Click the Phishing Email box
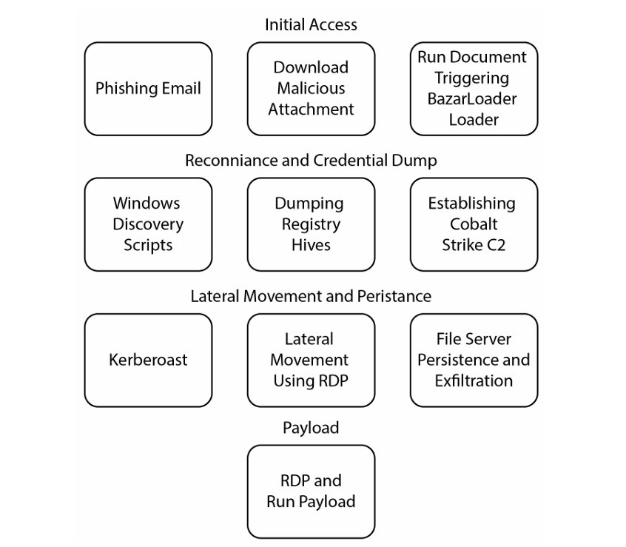click(148, 89)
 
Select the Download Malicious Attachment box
click(311, 89)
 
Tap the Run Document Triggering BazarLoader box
click(474, 89)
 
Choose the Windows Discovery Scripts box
click(148, 224)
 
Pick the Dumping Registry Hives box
click(311, 224)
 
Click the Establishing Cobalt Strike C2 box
click(474, 224)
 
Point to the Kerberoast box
click(148, 360)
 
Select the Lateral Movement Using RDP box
click(311, 360)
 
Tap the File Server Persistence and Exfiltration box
click(474, 360)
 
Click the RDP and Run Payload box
click(311, 491)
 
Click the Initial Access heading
click(311, 25)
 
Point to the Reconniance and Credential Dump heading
click(311, 161)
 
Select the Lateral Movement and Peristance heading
click(311, 297)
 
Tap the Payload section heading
click(311, 428)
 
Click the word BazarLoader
click(474, 98)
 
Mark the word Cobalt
click(474, 224)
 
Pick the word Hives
click(311, 245)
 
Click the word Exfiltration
click(474, 381)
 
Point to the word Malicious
click(311, 88)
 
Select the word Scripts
click(148, 245)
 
